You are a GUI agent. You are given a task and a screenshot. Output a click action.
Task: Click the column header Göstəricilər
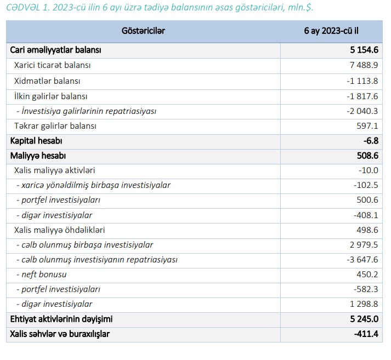(143, 31)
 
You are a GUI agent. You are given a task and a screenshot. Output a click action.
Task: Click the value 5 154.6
(364, 50)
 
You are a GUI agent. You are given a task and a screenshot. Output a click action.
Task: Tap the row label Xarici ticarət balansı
(53, 65)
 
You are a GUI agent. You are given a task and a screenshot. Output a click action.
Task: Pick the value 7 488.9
(364, 65)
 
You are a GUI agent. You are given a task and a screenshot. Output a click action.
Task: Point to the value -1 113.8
(362, 81)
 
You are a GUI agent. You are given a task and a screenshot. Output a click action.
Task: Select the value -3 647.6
(362, 259)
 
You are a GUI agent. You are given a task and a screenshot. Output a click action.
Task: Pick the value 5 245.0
(364, 318)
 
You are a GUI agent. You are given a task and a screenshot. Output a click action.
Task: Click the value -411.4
(366, 333)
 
